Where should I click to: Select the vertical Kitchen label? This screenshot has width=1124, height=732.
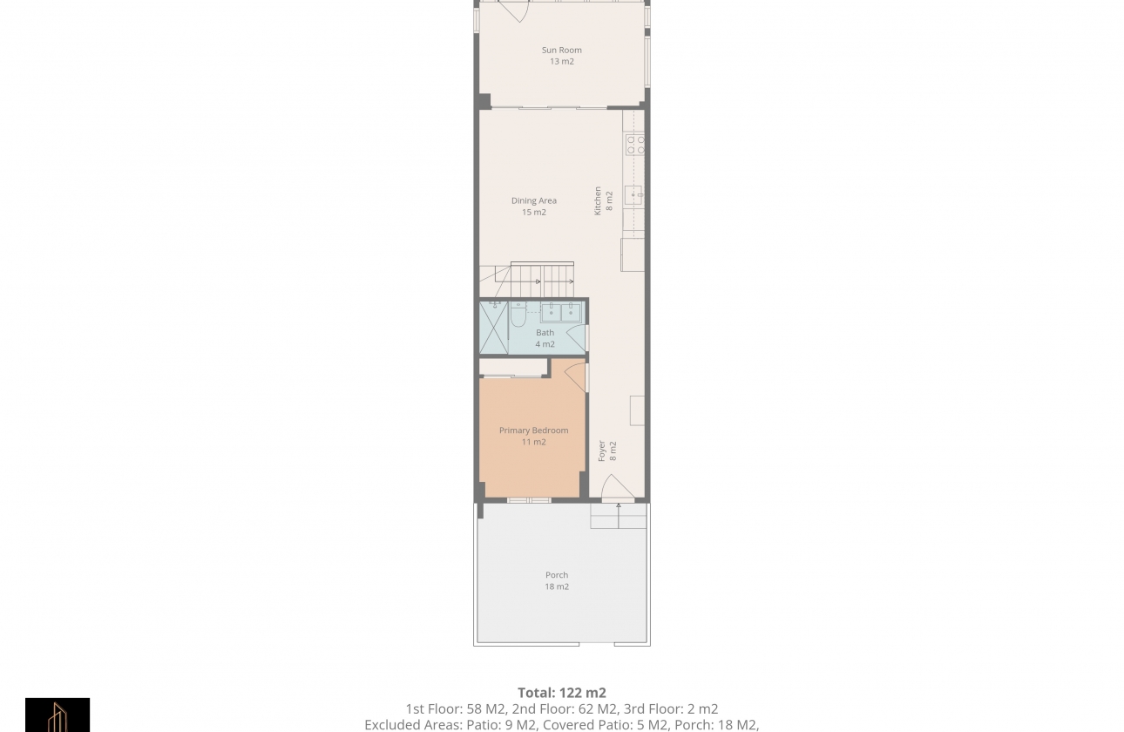coord(598,200)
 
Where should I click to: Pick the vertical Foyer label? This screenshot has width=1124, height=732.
coord(601,451)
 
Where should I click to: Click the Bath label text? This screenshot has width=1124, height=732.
coord(545,333)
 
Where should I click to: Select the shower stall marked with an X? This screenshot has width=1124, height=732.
coord(493,328)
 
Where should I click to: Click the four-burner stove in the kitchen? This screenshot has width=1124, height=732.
coord(635,145)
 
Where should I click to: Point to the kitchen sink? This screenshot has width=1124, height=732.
coord(633,195)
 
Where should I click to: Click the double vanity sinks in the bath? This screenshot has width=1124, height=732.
coord(562,312)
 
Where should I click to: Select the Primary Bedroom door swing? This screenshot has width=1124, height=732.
coord(575,376)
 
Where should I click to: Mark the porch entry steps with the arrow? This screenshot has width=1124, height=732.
coord(619,516)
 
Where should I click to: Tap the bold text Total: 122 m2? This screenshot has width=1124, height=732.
coord(561,694)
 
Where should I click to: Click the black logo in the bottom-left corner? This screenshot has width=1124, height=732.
coord(58,715)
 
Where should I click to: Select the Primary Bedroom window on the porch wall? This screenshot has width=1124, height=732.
coord(529,500)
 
